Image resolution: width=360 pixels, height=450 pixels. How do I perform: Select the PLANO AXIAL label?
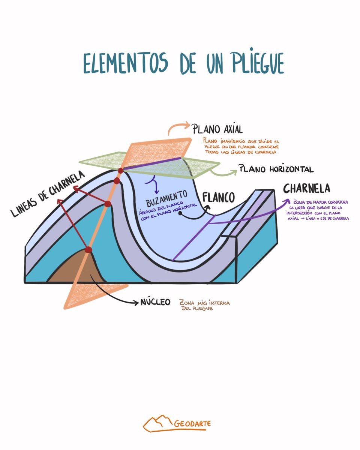pos(217,129)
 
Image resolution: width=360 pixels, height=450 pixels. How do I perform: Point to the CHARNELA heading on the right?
pos(307,188)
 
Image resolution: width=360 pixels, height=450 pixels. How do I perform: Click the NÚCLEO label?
pos(156,302)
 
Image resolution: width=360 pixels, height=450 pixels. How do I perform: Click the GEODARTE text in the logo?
pos(192,424)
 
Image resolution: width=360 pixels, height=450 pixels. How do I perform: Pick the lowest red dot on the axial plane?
pos(88,250)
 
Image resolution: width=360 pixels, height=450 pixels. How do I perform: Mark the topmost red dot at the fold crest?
pos(120,171)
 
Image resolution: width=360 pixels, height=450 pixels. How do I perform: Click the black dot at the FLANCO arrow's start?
pos(180,214)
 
